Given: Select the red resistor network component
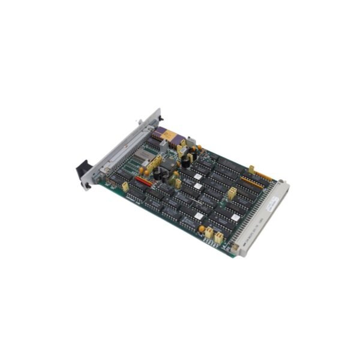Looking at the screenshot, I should [143, 180].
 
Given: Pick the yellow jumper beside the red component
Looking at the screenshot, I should [125, 187].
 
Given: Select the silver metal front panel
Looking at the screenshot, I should [120, 150].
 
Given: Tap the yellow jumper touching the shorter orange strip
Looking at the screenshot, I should [251, 170].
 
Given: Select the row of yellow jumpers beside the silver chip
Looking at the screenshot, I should [154, 164].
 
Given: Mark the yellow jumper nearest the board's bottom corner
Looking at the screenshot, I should [219, 238].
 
